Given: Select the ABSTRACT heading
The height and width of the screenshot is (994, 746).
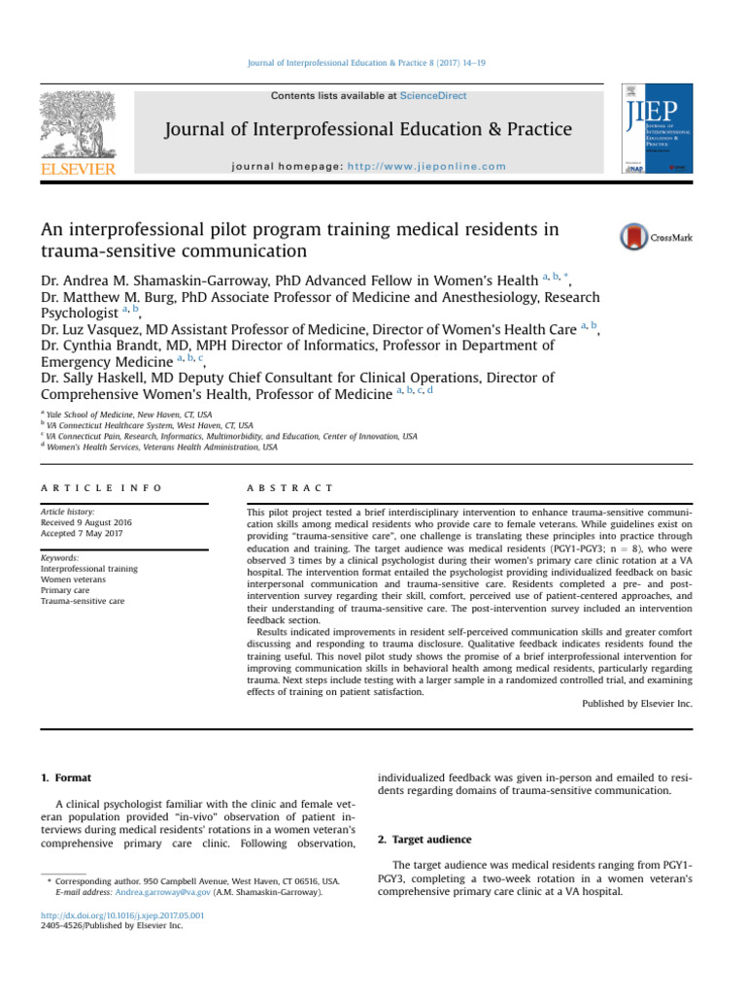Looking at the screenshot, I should (290, 487).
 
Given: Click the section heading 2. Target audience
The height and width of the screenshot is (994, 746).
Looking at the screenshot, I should (424, 839).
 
